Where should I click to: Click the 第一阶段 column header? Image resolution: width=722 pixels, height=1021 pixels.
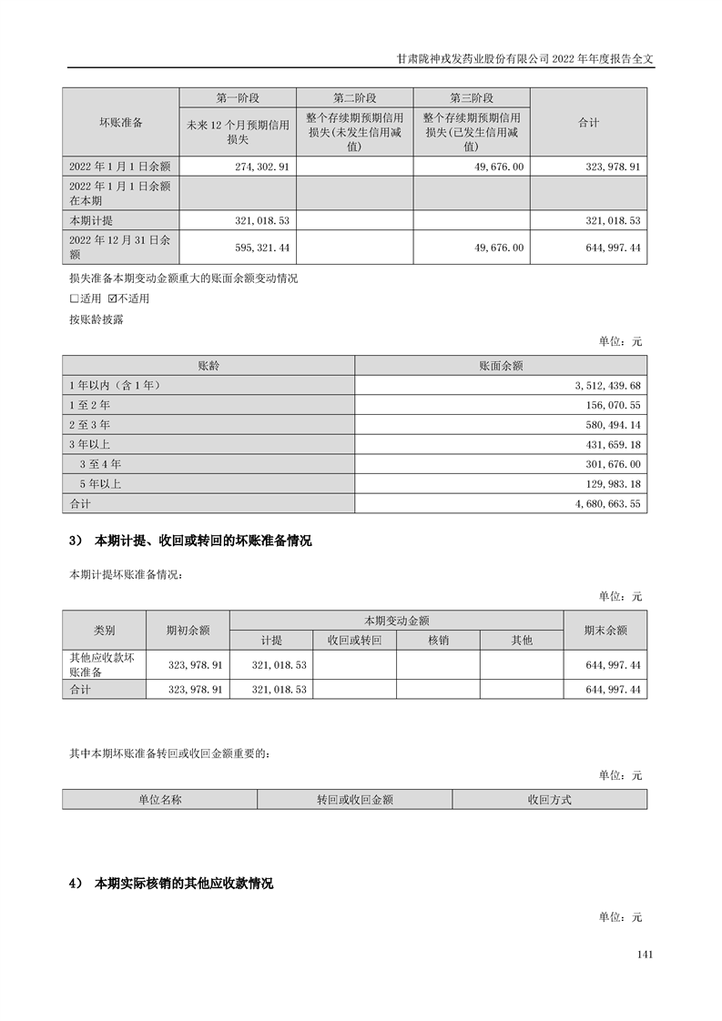pos(238,97)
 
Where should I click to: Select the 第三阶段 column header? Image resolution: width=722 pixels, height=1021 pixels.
pos(472,97)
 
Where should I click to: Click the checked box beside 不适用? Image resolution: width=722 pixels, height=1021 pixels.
pos(113,298)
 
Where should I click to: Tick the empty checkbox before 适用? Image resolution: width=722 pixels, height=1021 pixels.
pos(75,298)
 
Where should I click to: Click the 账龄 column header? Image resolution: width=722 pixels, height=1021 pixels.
pos(208,366)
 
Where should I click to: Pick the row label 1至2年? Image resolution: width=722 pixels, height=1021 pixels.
pos(90,405)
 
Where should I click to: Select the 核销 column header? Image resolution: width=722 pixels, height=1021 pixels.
pos(438,640)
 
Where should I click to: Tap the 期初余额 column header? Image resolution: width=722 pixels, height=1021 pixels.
pos(188,630)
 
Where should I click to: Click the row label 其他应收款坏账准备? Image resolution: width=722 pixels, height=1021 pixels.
pos(102,665)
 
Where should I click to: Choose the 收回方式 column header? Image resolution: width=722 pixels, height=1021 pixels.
pos(549,800)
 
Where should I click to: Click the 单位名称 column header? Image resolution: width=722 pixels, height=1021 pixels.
pos(160,800)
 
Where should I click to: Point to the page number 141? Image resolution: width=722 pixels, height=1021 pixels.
pos(645,955)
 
